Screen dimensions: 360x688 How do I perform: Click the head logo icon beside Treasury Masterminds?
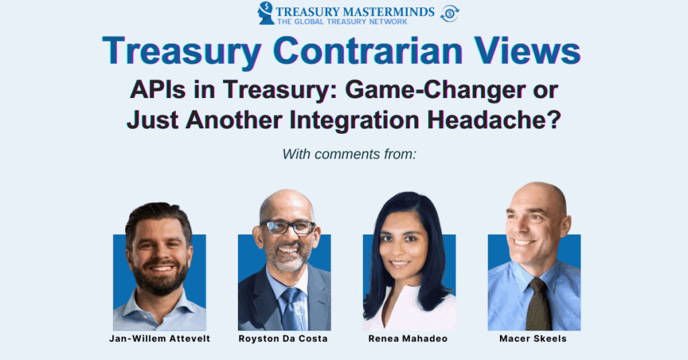click(x=267, y=13)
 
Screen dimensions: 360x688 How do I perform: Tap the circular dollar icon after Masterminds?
click(x=449, y=13)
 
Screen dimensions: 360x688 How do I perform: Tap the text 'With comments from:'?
click(x=349, y=154)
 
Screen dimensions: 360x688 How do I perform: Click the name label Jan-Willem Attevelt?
click(x=160, y=339)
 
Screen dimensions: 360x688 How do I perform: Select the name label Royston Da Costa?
click(x=283, y=339)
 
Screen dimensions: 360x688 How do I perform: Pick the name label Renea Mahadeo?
click(x=408, y=339)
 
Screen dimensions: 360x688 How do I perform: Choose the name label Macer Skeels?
click(x=533, y=339)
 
